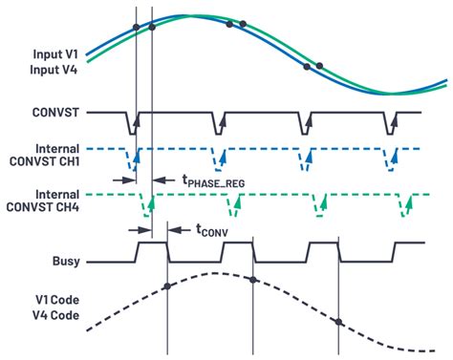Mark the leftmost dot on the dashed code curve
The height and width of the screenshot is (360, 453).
[167, 286]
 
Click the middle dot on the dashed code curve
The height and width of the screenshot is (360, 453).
[251, 279]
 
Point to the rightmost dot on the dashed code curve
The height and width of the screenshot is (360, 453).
[338, 321]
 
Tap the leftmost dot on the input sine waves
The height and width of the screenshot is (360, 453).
[137, 27]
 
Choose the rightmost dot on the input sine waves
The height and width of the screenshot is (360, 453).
[320, 65]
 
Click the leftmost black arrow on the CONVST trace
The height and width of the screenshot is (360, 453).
[137, 122]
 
